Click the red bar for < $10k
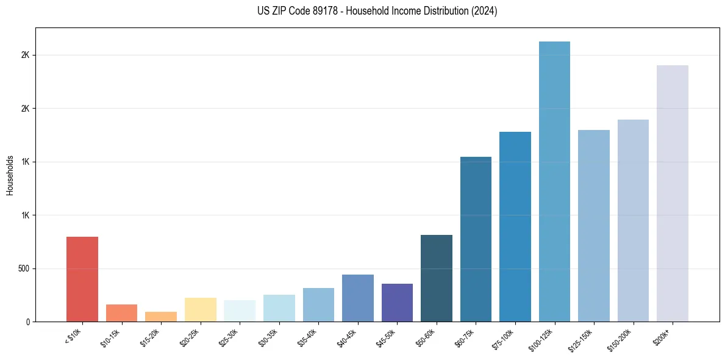point(82,279)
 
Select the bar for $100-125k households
point(554,181)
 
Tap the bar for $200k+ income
point(672,193)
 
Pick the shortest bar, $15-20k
point(161,317)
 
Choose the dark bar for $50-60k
point(437,278)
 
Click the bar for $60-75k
point(476,239)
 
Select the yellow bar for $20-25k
point(201,309)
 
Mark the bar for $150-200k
point(633,220)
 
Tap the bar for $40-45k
point(358,298)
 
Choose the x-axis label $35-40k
point(307,337)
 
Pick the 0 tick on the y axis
point(27,322)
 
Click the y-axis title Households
point(10,175)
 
